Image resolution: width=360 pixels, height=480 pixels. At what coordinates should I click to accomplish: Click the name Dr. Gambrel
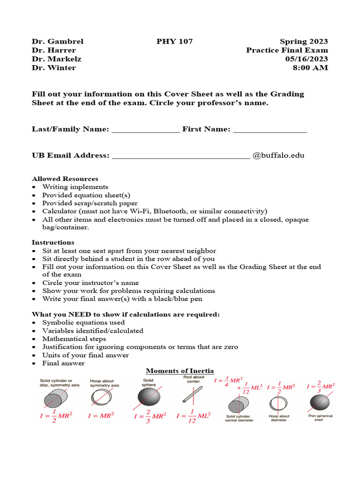57,41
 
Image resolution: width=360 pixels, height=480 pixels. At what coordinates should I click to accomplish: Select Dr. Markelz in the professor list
56,59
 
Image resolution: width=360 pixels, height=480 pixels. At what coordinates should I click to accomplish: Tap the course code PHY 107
174,41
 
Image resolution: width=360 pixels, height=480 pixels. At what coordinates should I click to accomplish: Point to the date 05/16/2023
307,59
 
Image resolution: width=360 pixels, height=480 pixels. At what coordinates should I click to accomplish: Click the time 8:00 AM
310,67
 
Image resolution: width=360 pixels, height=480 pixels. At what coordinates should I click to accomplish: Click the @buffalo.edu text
278,155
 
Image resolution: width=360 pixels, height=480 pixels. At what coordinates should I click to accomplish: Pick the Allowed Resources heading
65,179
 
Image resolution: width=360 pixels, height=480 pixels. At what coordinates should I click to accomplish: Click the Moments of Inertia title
180,371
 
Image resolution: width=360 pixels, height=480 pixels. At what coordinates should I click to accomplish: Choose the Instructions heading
53,242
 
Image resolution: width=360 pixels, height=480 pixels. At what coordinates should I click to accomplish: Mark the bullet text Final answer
63,363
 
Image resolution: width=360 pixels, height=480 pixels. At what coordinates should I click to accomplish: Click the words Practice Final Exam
287,50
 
